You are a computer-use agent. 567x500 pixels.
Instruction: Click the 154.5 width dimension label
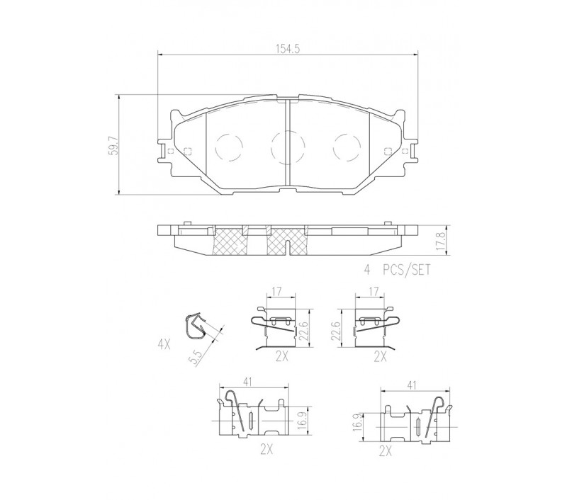288,49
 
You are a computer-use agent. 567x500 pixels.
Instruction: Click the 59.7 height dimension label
114,146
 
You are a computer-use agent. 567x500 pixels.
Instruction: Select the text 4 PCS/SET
397,270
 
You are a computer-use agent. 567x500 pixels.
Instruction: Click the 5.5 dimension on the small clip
197,357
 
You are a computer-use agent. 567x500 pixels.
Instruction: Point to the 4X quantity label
164,345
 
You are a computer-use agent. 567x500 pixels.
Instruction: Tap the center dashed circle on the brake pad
288,147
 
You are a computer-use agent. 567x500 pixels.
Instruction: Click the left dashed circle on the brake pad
228,147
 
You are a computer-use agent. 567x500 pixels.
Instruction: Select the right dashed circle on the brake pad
347,147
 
